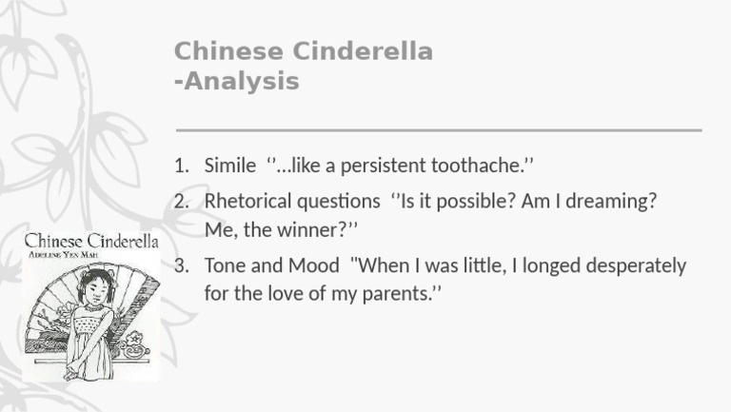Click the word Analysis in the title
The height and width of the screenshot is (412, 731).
(242, 82)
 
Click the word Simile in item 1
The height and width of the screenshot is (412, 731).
(229, 166)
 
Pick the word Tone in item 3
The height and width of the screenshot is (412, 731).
(225, 265)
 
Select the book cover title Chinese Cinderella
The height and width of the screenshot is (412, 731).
(90, 240)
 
